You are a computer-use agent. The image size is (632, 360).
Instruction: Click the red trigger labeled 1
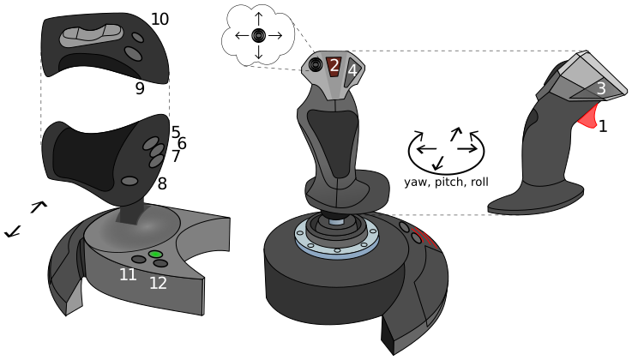click(588, 117)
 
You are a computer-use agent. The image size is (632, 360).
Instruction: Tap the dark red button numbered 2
click(334, 66)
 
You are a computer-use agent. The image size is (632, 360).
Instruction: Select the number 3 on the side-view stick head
click(601, 88)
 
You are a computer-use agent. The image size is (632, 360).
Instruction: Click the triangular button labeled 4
click(352, 70)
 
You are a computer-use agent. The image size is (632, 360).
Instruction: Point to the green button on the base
click(155, 255)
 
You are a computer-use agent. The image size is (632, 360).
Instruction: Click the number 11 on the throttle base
click(128, 274)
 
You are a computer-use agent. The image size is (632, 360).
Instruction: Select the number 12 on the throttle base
click(158, 283)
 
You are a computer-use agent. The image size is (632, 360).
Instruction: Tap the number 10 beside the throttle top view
click(160, 19)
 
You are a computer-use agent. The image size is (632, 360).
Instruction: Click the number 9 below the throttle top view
click(140, 88)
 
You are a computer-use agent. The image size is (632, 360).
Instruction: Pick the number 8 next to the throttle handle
click(162, 184)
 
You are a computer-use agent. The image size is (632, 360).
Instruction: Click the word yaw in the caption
click(417, 183)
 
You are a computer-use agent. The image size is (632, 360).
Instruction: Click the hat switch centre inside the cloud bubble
click(258, 35)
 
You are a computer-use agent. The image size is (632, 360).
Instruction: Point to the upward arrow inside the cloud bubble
click(258, 20)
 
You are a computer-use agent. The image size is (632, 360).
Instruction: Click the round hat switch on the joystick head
click(316, 64)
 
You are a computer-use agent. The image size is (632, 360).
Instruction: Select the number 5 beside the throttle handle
click(175, 132)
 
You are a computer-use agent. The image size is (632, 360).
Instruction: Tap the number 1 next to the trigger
click(603, 127)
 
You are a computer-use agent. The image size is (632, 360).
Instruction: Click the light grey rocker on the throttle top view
click(92, 35)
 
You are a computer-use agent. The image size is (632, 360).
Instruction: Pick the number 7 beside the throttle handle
click(175, 156)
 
